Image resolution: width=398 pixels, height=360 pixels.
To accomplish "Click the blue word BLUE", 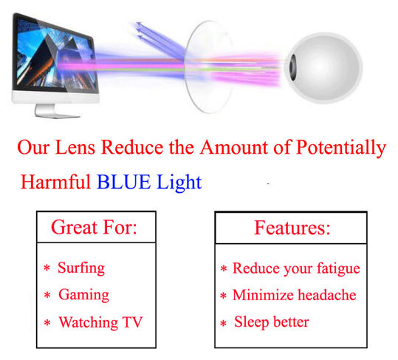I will coord(123,182).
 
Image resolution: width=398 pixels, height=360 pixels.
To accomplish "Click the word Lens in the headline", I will coord(74,147).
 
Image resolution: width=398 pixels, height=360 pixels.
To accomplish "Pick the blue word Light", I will coord(178,182).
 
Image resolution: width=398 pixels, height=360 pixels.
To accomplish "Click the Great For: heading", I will coord(94,227).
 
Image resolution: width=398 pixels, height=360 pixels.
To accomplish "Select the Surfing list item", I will coord(81,268).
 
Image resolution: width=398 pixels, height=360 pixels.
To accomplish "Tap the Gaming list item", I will coord(83,295).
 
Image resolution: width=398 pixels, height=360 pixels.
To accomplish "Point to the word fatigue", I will coord(334,268).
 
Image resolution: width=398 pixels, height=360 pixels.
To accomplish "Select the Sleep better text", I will coord(272,322).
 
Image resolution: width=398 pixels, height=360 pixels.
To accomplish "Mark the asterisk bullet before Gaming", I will coord(47,296).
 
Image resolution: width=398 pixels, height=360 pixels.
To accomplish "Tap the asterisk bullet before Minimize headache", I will coord(223,296).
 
